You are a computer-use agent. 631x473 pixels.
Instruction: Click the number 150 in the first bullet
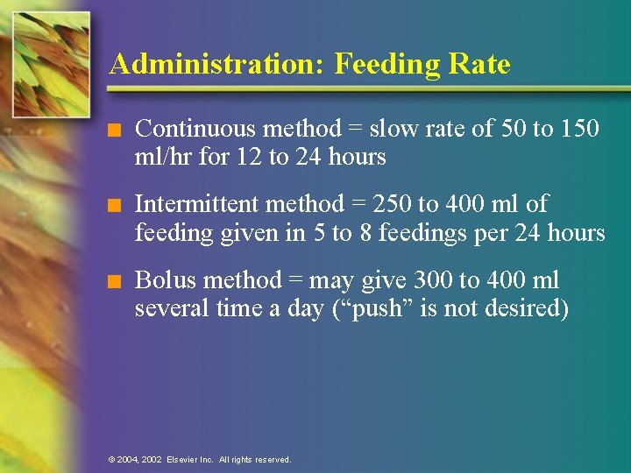click(x=578, y=130)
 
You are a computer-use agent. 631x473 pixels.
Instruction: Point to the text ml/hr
click(x=160, y=158)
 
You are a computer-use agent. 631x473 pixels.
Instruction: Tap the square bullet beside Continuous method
click(x=110, y=131)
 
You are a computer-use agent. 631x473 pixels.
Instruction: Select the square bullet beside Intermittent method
click(x=110, y=207)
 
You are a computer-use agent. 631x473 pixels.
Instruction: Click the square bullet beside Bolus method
click(x=110, y=282)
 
